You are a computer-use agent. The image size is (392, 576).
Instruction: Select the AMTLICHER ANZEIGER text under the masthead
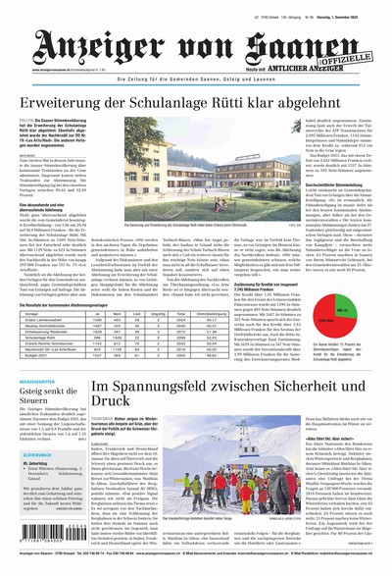[x=330, y=69]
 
